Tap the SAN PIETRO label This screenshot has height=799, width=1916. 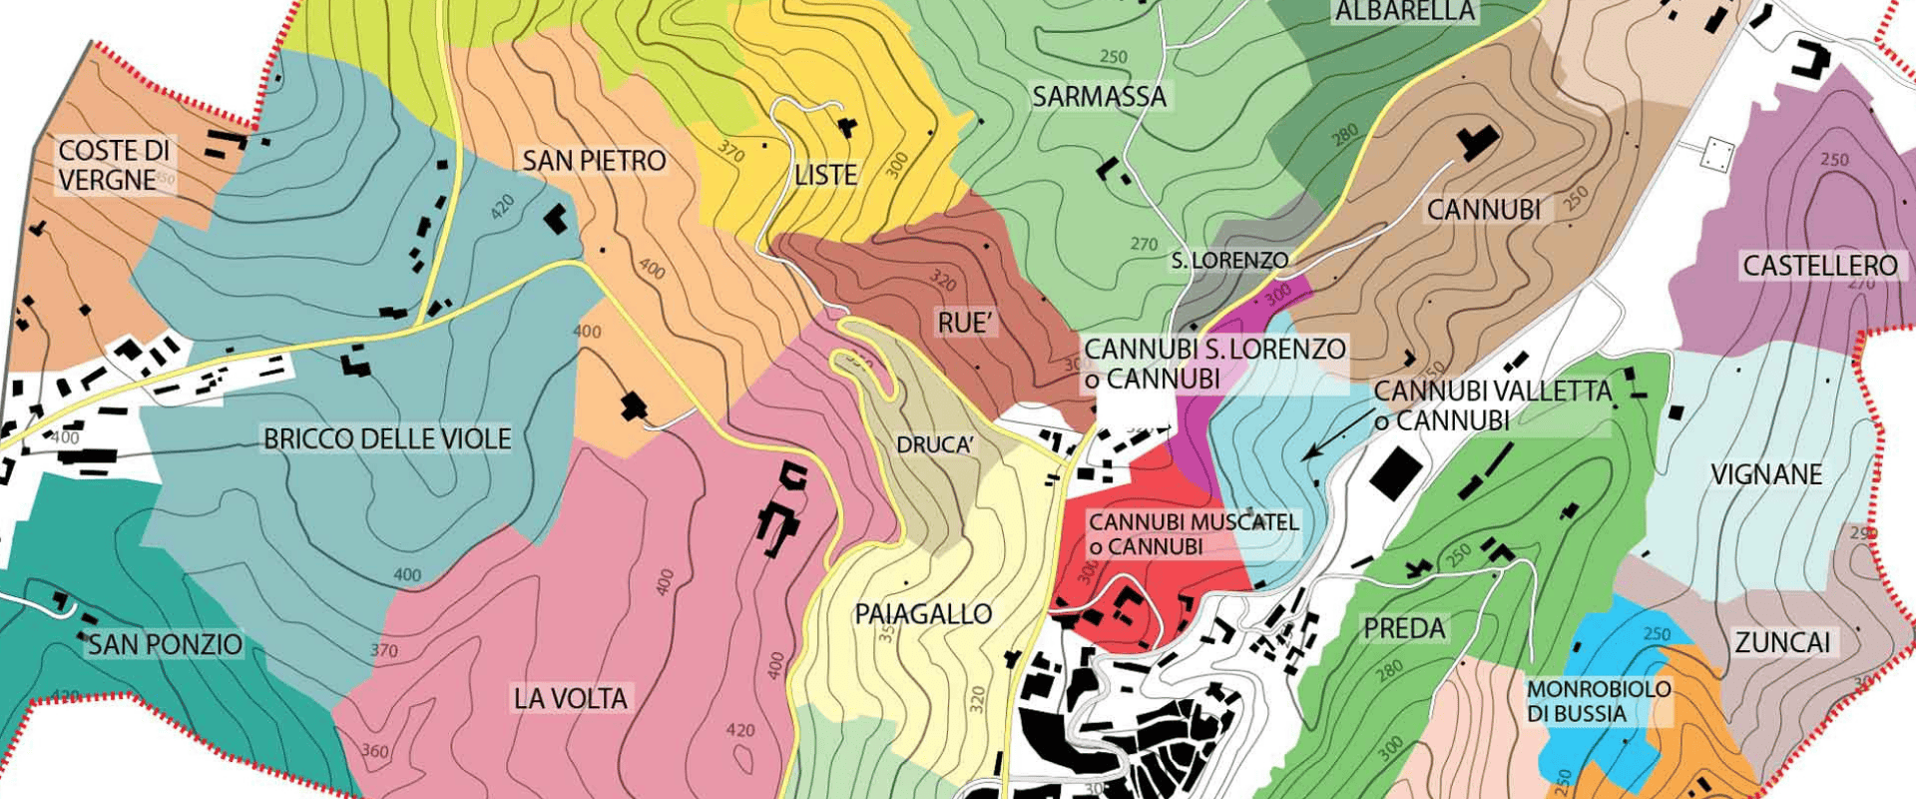coord(594,161)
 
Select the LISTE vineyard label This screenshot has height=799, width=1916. coord(825,176)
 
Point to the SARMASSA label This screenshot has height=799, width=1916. coord(1099,97)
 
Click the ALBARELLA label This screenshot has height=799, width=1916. coord(1404,12)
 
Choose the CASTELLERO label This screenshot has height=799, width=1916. coord(1819,266)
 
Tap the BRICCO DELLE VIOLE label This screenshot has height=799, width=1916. coord(387,438)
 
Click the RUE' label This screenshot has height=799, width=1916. coord(965,324)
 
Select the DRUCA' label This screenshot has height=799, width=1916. coord(934,445)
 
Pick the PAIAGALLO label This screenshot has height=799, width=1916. coord(923,614)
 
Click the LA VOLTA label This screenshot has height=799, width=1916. coord(570,699)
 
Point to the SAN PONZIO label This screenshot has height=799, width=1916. coord(165,645)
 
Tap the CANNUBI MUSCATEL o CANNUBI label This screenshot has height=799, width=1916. coord(1194,534)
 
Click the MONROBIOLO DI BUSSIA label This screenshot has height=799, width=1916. coord(1599,701)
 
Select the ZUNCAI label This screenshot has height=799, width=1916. coord(1782,643)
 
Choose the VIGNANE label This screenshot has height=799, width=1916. coord(1766,474)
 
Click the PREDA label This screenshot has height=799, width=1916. coord(1404,629)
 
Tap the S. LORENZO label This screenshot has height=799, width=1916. coord(1229,261)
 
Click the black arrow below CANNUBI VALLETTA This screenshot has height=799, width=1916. coord(1338,436)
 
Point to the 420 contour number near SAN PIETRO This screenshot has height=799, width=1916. coord(502,208)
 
